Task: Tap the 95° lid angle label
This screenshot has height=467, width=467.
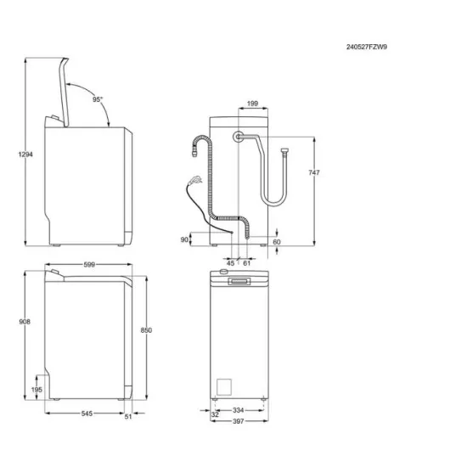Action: tap(98, 99)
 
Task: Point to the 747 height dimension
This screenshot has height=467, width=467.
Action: tap(314, 172)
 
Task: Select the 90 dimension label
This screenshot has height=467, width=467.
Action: tap(184, 240)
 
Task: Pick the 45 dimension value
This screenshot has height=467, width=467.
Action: tap(231, 264)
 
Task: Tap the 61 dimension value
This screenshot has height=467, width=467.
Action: tap(246, 264)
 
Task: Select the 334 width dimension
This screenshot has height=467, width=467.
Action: tap(239, 411)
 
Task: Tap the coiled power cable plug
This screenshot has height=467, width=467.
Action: tap(196, 181)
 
